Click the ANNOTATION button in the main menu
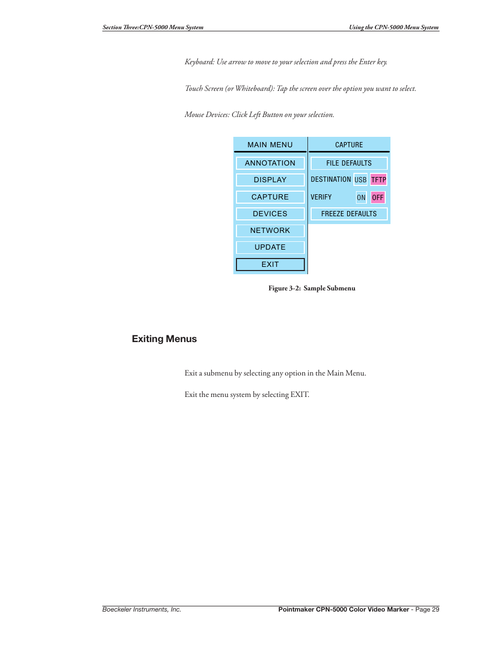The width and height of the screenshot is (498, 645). click(270, 163)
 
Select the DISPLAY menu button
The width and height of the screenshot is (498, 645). click(270, 180)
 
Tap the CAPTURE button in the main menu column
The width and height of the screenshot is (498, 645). click(270, 197)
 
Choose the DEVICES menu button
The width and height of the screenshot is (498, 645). click(270, 214)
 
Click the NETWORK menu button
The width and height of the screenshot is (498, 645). click(270, 230)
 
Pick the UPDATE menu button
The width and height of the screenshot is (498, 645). click(270, 247)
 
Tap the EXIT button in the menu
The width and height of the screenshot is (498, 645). click(270, 264)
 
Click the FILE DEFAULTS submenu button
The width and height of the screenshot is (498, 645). click(349, 163)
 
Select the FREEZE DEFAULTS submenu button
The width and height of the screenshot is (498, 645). click(349, 214)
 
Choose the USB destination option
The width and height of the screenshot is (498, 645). click(360, 180)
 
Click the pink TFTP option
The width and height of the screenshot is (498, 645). click(378, 180)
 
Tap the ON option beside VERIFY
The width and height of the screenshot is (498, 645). click(361, 197)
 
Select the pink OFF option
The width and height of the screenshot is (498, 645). click(378, 197)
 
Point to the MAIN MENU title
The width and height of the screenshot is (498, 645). click(270, 145)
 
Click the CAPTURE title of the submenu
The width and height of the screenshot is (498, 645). click(349, 145)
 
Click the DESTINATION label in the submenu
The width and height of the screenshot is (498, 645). click(330, 179)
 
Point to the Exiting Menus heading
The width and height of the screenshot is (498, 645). click(164, 339)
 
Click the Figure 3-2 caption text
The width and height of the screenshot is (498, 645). click(312, 288)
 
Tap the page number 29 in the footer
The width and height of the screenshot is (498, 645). click(435, 609)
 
